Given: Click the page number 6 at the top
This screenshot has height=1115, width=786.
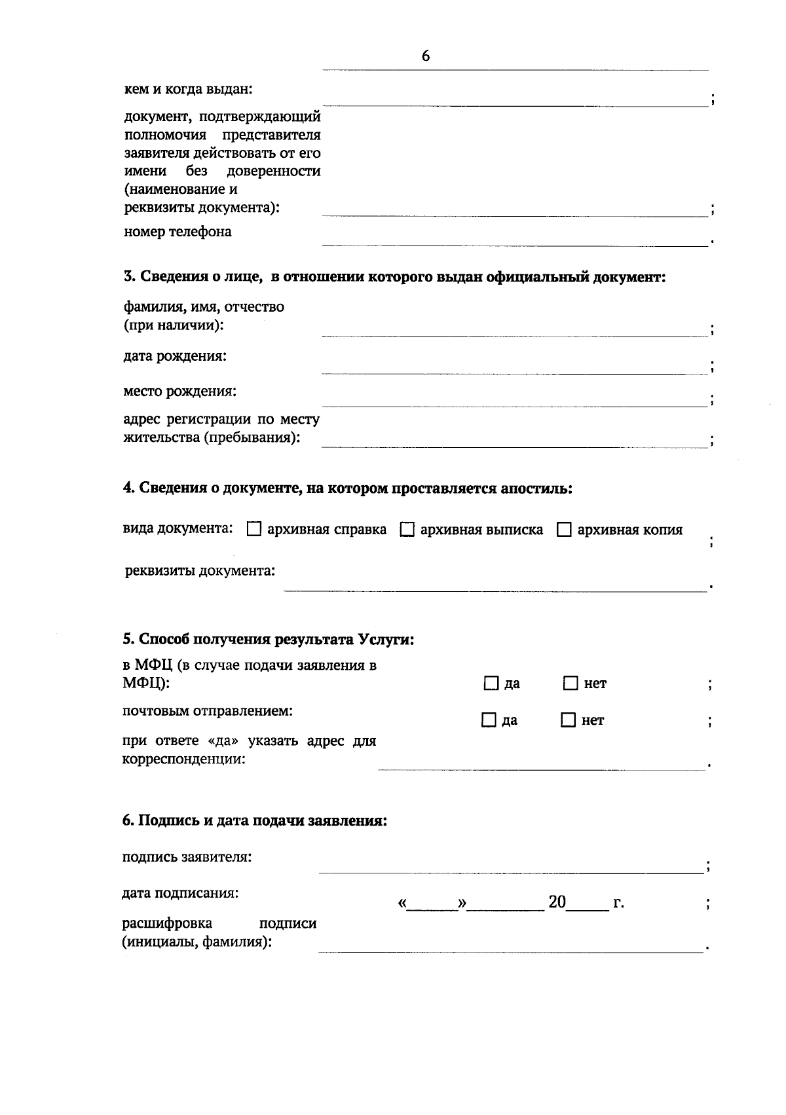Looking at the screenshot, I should tap(426, 56).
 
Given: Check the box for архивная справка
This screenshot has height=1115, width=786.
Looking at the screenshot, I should tap(254, 530).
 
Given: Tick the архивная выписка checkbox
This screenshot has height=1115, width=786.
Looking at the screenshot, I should tap(407, 530).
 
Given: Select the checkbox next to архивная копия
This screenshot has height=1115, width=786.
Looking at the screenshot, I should tap(564, 530).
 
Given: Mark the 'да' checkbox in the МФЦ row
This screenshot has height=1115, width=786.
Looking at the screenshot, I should tap(491, 684).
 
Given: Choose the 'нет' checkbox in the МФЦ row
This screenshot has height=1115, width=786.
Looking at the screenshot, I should tap(571, 684).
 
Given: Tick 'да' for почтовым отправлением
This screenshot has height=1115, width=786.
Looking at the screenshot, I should tap(489, 720).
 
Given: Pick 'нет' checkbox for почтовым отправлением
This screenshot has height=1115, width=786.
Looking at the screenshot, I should tap(568, 720).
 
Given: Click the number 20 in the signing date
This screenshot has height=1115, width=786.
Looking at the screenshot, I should tap(557, 902).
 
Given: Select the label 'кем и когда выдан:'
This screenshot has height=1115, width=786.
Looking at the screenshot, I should tap(188, 89).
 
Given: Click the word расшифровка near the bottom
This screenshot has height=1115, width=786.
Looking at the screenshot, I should tap(167, 923).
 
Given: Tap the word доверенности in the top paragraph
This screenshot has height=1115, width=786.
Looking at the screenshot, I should tap(273, 172).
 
